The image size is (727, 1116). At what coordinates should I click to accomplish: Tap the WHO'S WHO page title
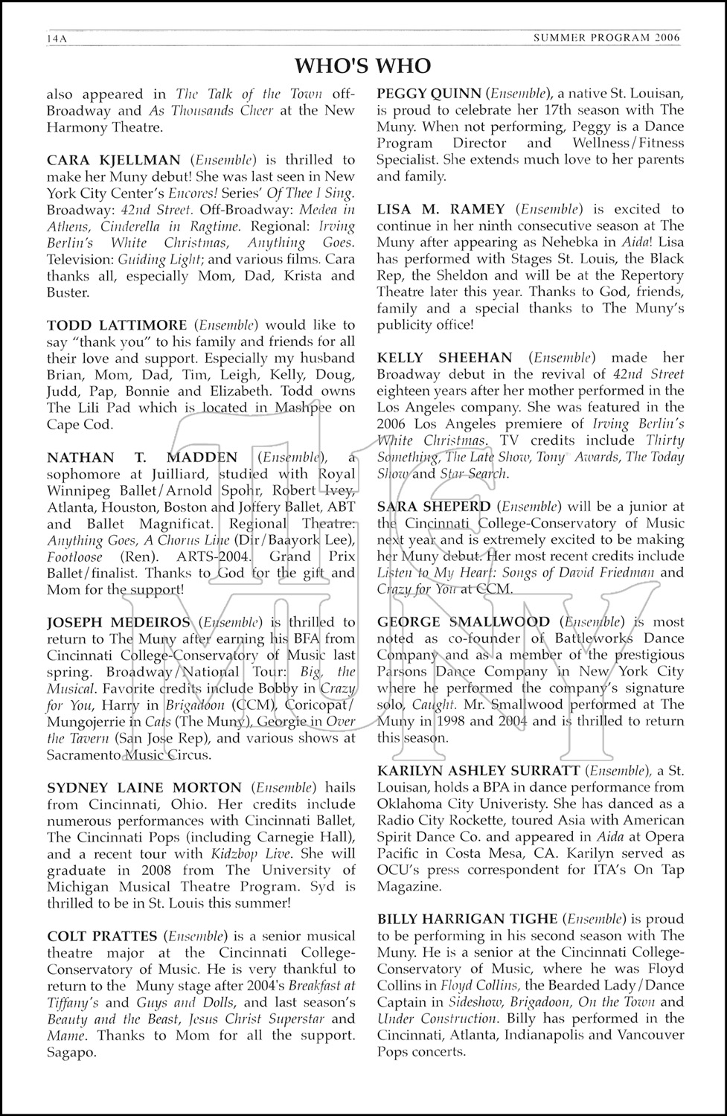tap(362, 67)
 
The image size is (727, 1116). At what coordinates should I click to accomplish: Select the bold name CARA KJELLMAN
tap(113, 160)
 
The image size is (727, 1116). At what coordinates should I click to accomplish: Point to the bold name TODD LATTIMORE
tap(116, 325)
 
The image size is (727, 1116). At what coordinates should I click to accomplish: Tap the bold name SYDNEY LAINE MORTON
tap(144, 788)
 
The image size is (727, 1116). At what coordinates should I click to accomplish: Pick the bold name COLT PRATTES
tap(102, 937)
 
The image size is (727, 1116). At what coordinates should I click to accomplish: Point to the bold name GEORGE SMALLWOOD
tap(464, 622)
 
